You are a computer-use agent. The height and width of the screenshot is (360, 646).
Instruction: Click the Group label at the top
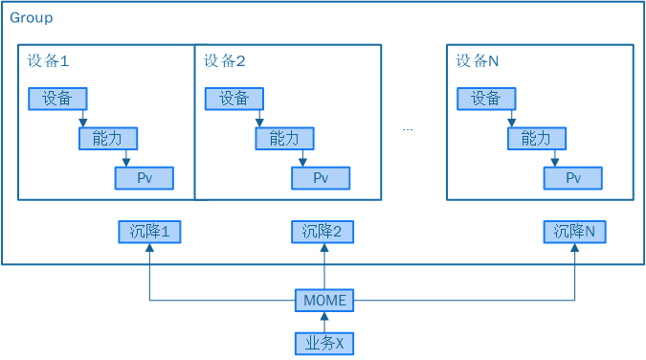coord(32,18)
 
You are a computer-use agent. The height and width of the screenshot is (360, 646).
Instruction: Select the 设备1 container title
coord(49,60)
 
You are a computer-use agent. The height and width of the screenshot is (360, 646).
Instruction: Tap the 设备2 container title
coord(225,60)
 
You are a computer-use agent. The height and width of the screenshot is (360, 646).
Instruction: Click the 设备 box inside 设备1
coord(57,98)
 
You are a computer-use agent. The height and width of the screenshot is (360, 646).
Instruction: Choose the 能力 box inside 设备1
coord(107,138)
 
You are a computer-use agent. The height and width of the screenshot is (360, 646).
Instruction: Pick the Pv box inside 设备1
coord(145,178)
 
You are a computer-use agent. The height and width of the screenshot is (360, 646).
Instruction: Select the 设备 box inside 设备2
coord(234,98)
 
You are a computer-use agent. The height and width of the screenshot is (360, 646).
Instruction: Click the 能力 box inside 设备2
coord(283,138)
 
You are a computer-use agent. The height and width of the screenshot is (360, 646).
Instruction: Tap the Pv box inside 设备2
coord(321,178)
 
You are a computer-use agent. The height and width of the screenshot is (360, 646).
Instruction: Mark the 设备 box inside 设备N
coord(486,98)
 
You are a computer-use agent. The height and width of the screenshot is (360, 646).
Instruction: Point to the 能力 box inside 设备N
coord(536,138)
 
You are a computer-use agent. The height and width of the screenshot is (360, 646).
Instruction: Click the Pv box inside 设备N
coord(573,178)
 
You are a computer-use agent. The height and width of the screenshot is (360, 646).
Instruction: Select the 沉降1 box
coord(148,231)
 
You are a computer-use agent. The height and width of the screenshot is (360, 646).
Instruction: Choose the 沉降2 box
coord(322,231)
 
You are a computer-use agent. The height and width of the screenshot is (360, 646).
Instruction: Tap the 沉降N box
coord(574,231)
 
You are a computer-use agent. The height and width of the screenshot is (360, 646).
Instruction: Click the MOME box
coord(323,301)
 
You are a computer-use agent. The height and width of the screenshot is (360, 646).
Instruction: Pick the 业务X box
coord(324,343)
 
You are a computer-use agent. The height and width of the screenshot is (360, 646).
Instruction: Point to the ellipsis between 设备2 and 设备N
coord(408,129)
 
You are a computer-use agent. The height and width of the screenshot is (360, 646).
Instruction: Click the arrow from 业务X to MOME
coord(324,322)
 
